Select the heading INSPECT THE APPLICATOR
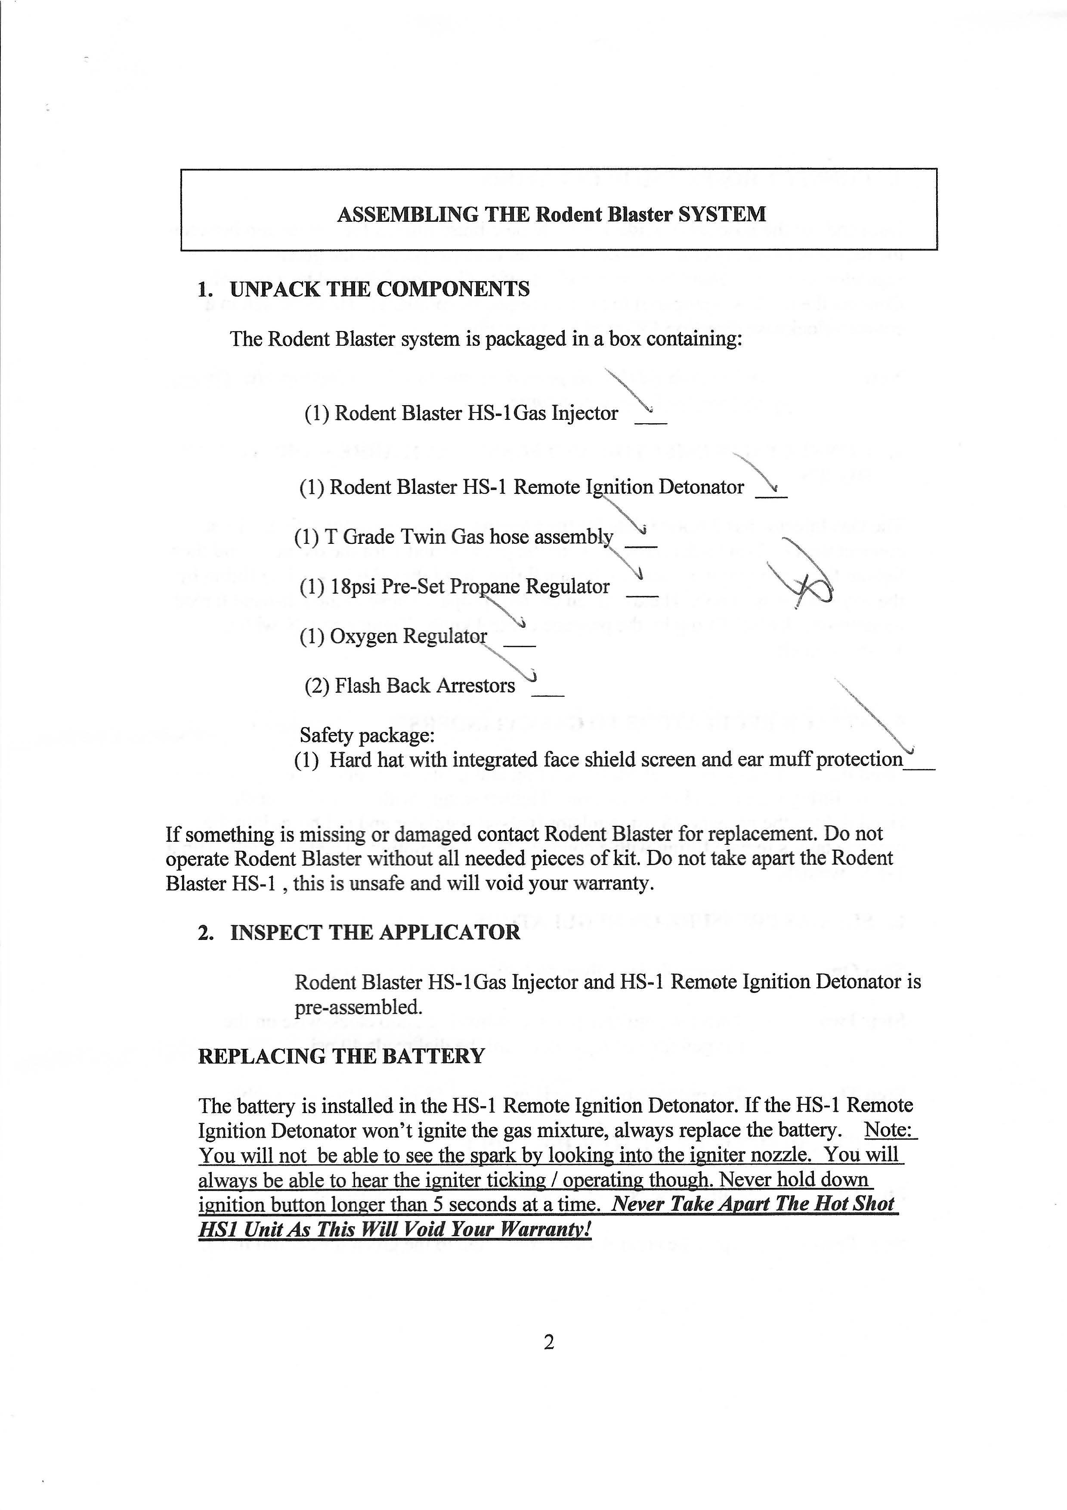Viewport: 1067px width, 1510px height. click(375, 933)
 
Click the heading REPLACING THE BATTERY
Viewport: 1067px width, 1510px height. click(341, 1056)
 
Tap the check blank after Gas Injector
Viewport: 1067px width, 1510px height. click(650, 422)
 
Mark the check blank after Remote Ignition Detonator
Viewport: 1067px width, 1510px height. click(771, 495)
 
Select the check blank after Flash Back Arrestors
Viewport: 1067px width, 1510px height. click(547, 694)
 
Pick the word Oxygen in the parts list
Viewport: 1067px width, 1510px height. click(363, 637)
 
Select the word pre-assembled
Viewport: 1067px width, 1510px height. click(358, 1007)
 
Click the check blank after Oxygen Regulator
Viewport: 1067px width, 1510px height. click(520, 645)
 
